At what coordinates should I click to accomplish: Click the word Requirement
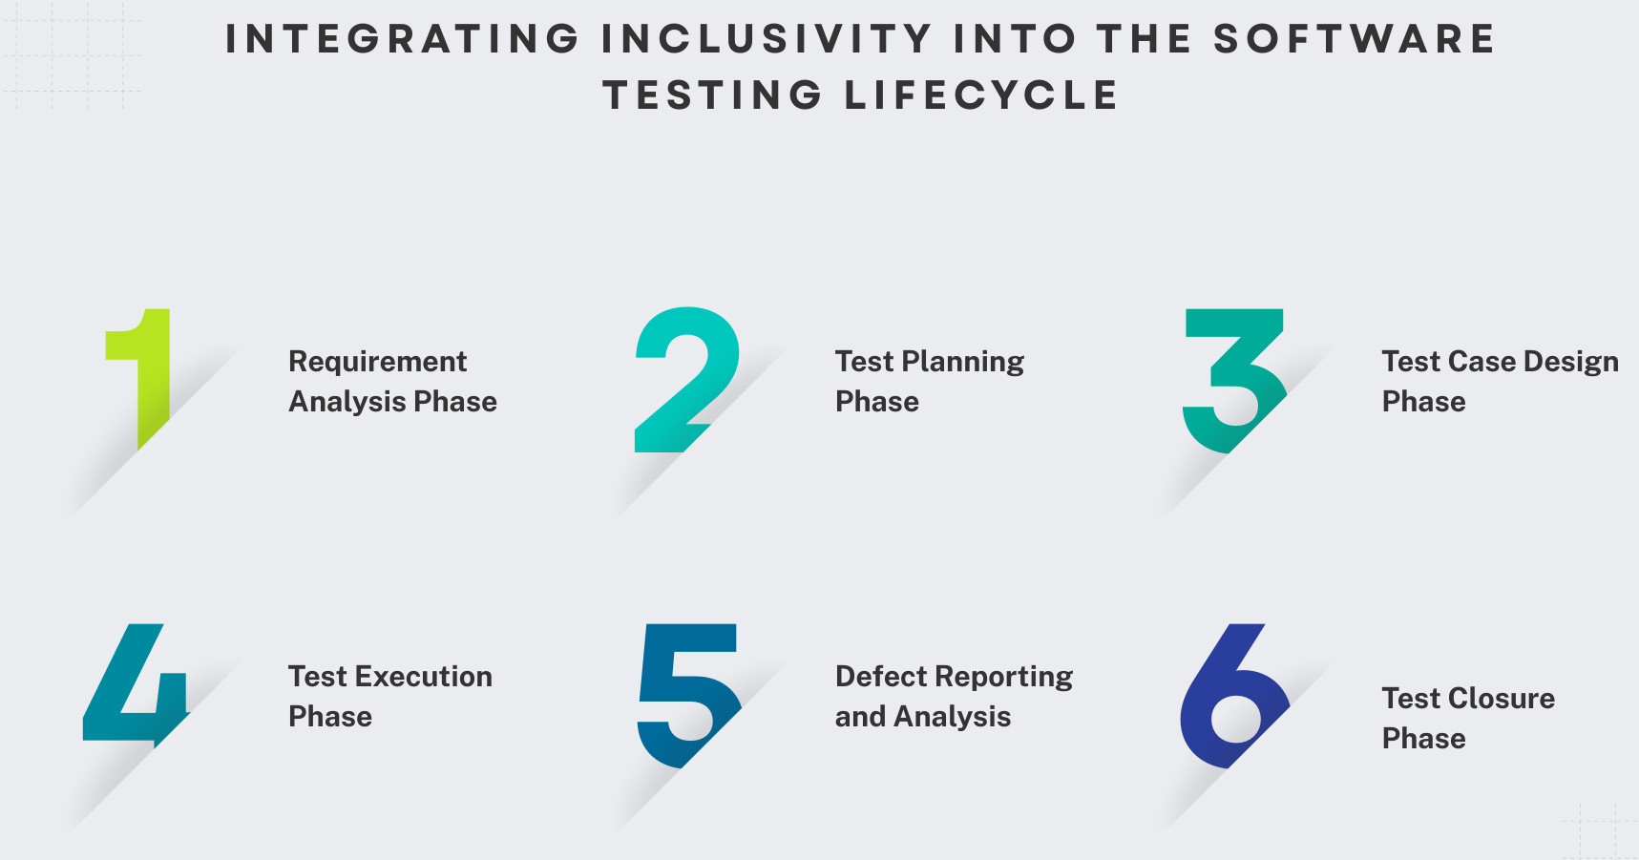pyautogui.click(x=378, y=363)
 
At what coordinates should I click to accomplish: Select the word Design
pyautogui.click(x=1571, y=362)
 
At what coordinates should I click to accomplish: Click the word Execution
pyautogui.click(x=424, y=677)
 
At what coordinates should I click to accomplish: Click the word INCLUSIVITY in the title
pyautogui.click(x=767, y=39)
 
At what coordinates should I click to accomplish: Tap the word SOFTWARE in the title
pyautogui.click(x=1354, y=39)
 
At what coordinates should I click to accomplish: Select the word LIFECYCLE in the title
pyautogui.click(x=981, y=95)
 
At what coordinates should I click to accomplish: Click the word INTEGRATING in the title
pyautogui.click(x=403, y=39)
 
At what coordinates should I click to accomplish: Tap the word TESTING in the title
pyautogui.click(x=713, y=95)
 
